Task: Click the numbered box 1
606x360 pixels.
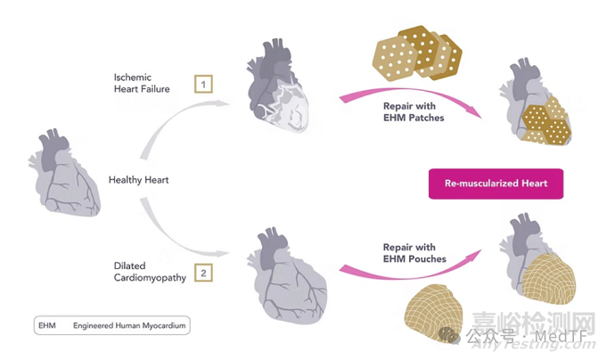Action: pyautogui.click(x=203, y=86)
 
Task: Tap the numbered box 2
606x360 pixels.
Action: pyautogui.click(x=203, y=273)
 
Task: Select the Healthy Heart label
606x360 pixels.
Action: pyautogui.click(x=138, y=180)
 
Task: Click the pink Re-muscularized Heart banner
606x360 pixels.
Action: pyautogui.click(x=495, y=184)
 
